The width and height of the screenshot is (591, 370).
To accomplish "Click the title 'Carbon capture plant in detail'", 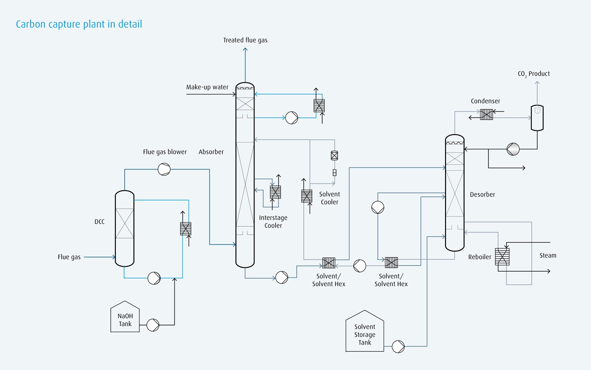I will pyautogui.click(x=79, y=24).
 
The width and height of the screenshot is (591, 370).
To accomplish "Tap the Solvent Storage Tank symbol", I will pyautogui.click(x=365, y=332).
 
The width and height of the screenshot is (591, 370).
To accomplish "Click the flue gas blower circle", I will pyautogui.click(x=164, y=170).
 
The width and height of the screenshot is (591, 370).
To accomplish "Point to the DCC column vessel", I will pyautogui.click(x=124, y=229).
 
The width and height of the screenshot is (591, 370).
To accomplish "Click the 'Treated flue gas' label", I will pyautogui.click(x=245, y=40).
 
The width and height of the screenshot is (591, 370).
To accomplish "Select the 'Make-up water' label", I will pyautogui.click(x=207, y=87).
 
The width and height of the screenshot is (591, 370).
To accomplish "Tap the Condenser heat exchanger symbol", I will pyautogui.click(x=486, y=114).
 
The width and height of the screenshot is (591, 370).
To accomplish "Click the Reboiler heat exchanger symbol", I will pyautogui.click(x=501, y=257).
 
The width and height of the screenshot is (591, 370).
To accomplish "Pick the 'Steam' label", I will pyautogui.click(x=548, y=255).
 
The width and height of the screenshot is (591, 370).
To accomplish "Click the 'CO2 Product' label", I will pyautogui.click(x=534, y=74).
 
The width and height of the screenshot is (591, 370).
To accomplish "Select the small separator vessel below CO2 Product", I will pyautogui.click(x=537, y=117).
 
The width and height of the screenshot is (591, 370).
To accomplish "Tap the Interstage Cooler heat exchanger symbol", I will pyautogui.click(x=275, y=192).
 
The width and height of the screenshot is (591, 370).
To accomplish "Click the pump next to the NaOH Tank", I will pyautogui.click(x=153, y=325).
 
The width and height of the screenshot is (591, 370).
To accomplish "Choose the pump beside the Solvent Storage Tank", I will pyautogui.click(x=398, y=346).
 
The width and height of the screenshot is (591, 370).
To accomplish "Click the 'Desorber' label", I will pyautogui.click(x=482, y=195).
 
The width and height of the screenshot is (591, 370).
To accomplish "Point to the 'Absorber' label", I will pyautogui.click(x=211, y=152).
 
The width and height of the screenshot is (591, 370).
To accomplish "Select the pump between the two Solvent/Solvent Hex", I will pyautogui.click(x=360, y=265).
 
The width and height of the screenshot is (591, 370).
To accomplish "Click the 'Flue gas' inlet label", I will pyautogui.click(x=69, y=257).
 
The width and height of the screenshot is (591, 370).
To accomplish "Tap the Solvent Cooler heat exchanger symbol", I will pyautogui.click(x=307, y=196).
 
